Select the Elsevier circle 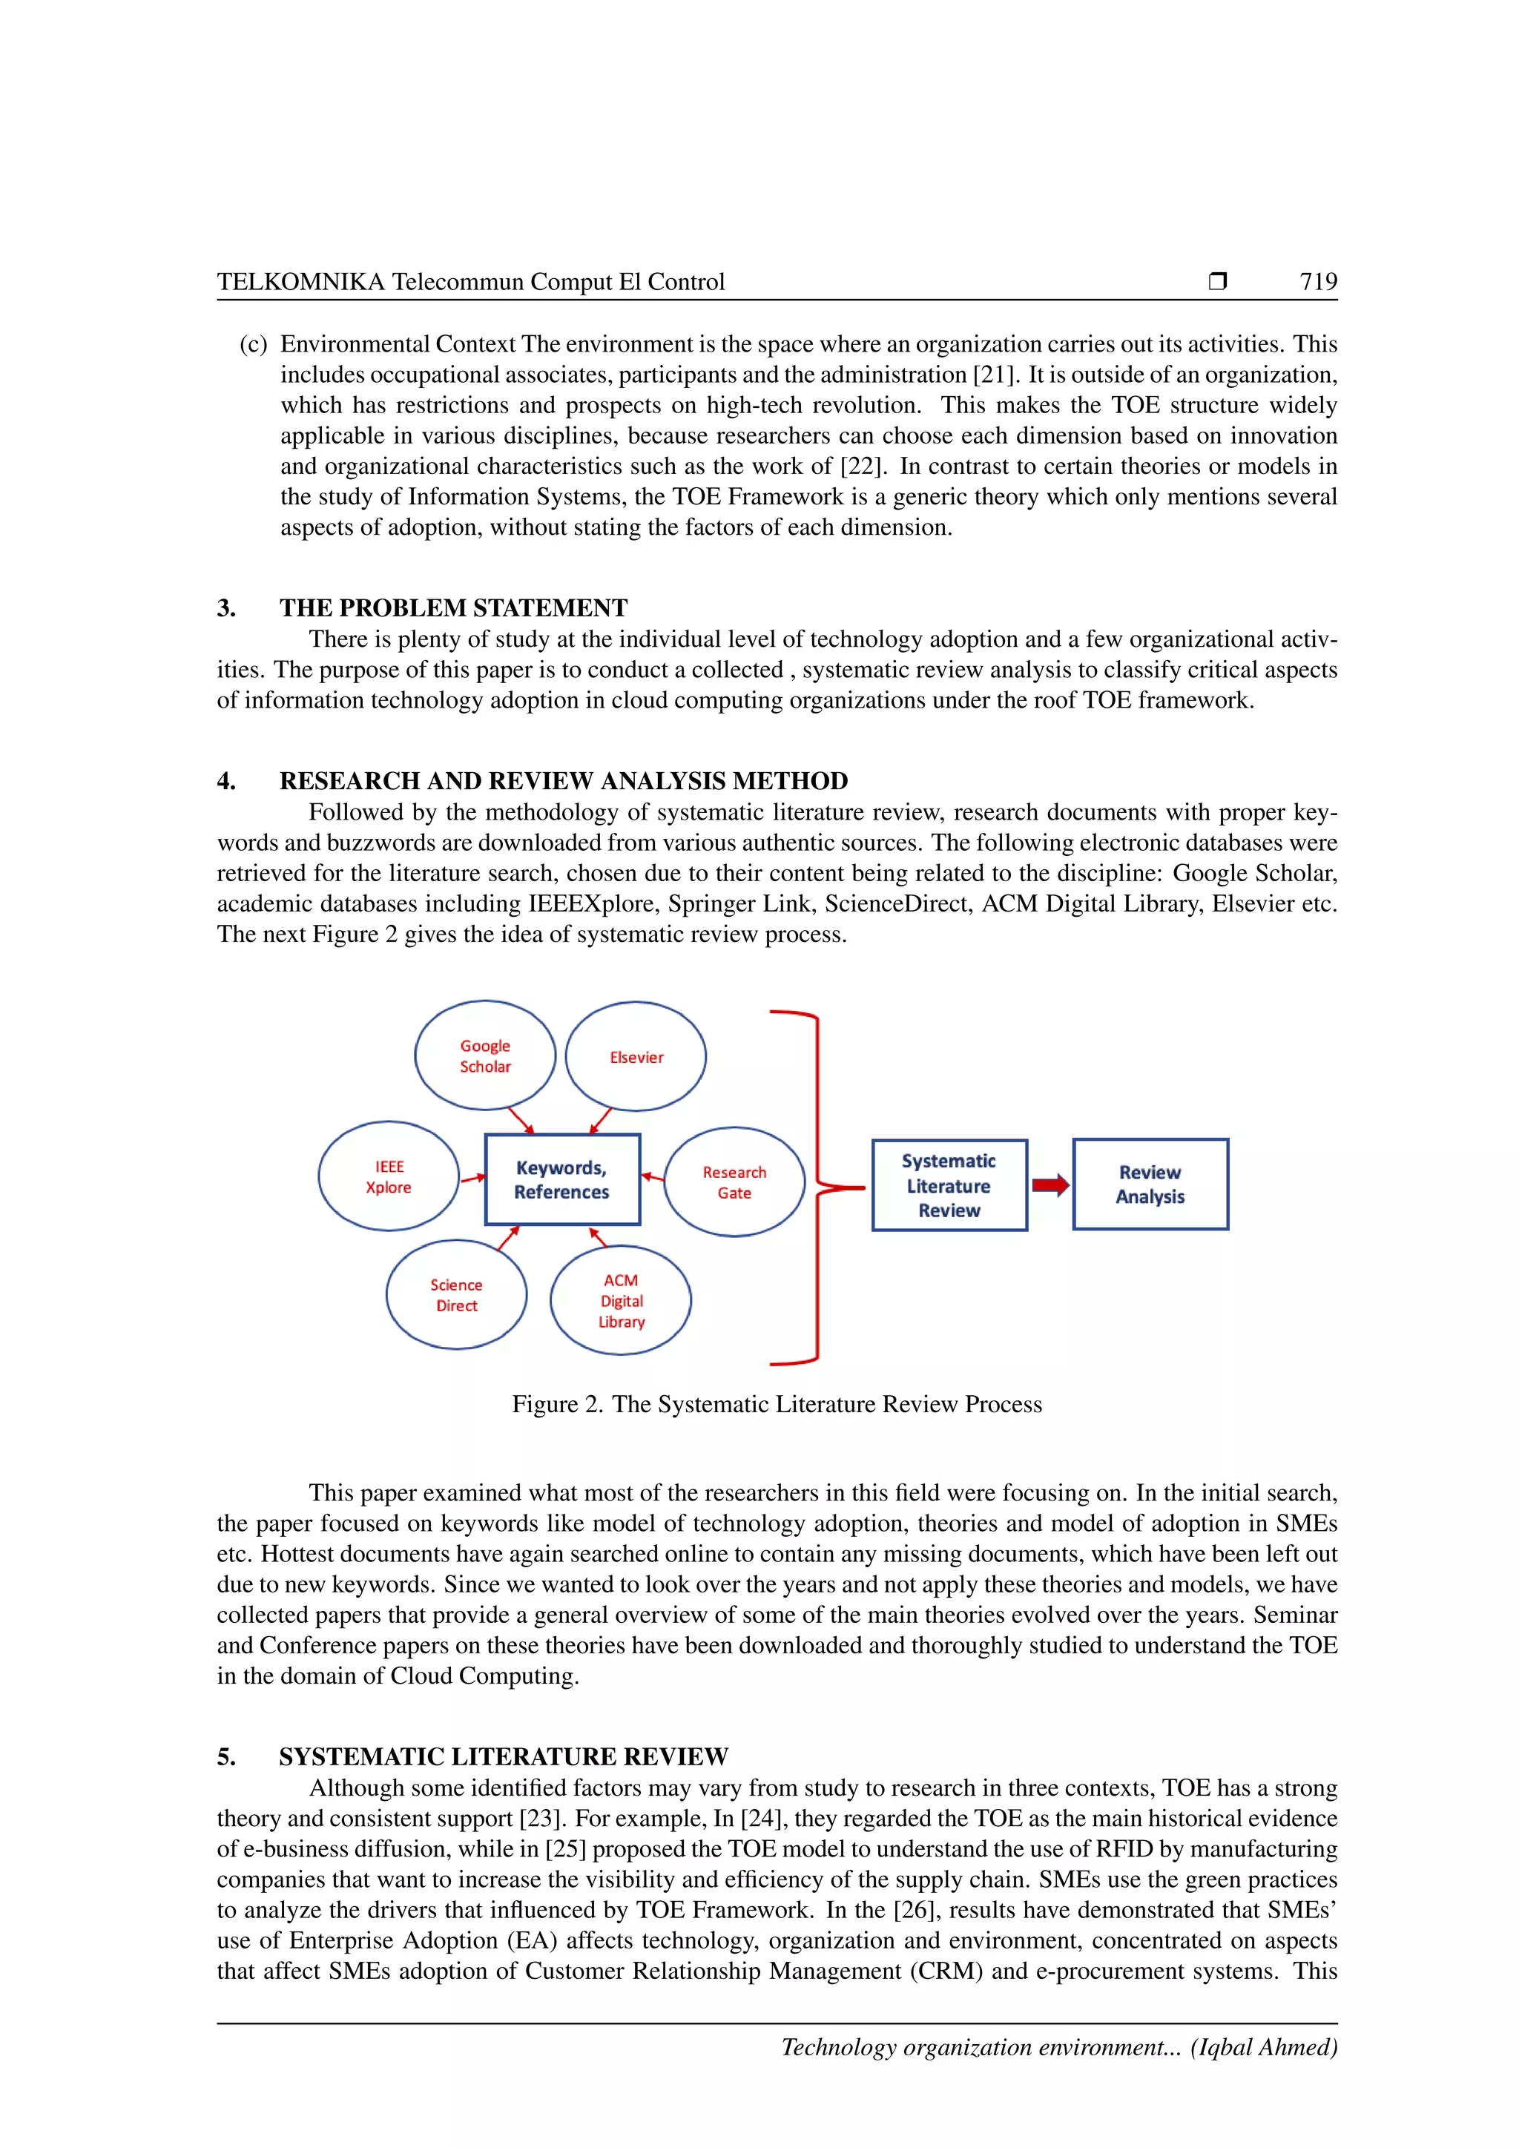click(636, 1056)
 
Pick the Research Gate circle click(734, 1182)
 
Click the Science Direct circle click(456, 1295)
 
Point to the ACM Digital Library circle click(621, 1300)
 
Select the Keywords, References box click(562, 1180)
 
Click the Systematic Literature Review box click(949, 1185)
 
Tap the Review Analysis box click(1150, 1185)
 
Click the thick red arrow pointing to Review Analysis click(1050, 1185)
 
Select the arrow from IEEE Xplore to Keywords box click(472, 1178)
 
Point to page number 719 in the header click(1318, 282)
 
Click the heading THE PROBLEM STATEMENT click(454, 608)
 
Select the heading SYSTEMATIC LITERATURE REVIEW click(503, 1757)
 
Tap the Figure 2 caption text click(777, 1404)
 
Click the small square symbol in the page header click(1217, 280)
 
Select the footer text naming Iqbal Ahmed click(1059, 2048)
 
